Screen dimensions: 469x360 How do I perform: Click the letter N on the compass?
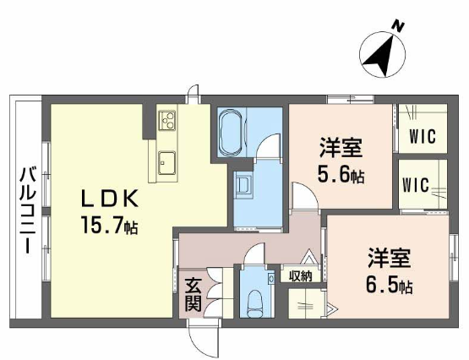pos(398,26)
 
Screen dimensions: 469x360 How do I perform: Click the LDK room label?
pos(110,199)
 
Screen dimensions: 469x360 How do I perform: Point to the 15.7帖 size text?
pos(109,226)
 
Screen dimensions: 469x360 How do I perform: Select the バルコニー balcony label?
pos(28,210)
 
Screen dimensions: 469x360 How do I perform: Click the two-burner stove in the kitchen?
pos(167,120)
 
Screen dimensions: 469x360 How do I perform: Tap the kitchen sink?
pos(166,163)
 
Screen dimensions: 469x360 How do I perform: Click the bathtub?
pos(232,132)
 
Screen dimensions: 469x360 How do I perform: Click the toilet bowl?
pos(257,303)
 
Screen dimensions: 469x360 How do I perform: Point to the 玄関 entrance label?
pos(193,295)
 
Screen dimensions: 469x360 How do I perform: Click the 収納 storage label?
pos(301,276)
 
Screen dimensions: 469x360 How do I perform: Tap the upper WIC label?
pos(423,137)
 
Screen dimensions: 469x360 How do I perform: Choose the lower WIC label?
pos(416,185)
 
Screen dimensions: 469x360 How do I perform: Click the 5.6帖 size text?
pos(341,175)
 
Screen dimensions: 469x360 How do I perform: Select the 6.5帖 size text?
pos(389,286)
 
